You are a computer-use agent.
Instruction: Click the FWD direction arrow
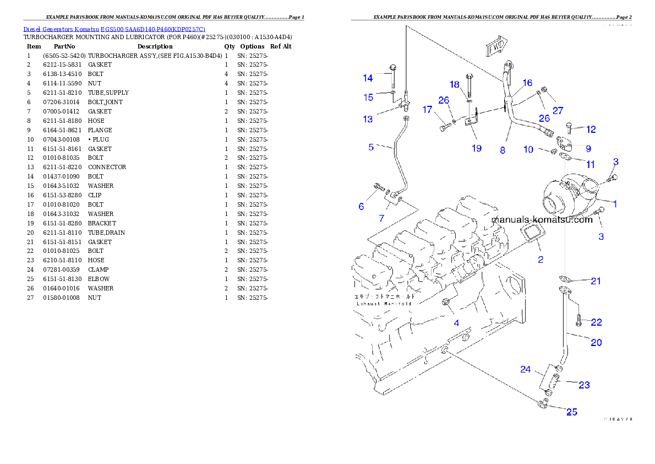[x=497, y=48]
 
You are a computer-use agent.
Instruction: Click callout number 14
[x=368, y=78]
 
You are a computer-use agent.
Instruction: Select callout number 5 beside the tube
[x=371, y=147]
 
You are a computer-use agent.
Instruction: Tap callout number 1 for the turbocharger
[x=615, y=203]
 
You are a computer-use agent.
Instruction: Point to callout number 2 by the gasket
[x=541, y=260]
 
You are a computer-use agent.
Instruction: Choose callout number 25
[x=572, y=412]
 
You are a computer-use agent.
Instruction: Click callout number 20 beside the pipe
[x=596, y=342]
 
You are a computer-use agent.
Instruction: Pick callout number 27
[x=558, y=111]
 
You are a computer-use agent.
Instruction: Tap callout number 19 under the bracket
[x=477, y=148]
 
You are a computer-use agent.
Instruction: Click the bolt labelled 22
[x=579, y=319]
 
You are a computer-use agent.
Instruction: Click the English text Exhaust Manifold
[x=384, y=303]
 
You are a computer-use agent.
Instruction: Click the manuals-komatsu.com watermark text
[x=541, y=220]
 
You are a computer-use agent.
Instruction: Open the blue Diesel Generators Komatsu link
[x=114, y=29]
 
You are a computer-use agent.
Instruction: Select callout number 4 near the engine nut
[x=456, y=323]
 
